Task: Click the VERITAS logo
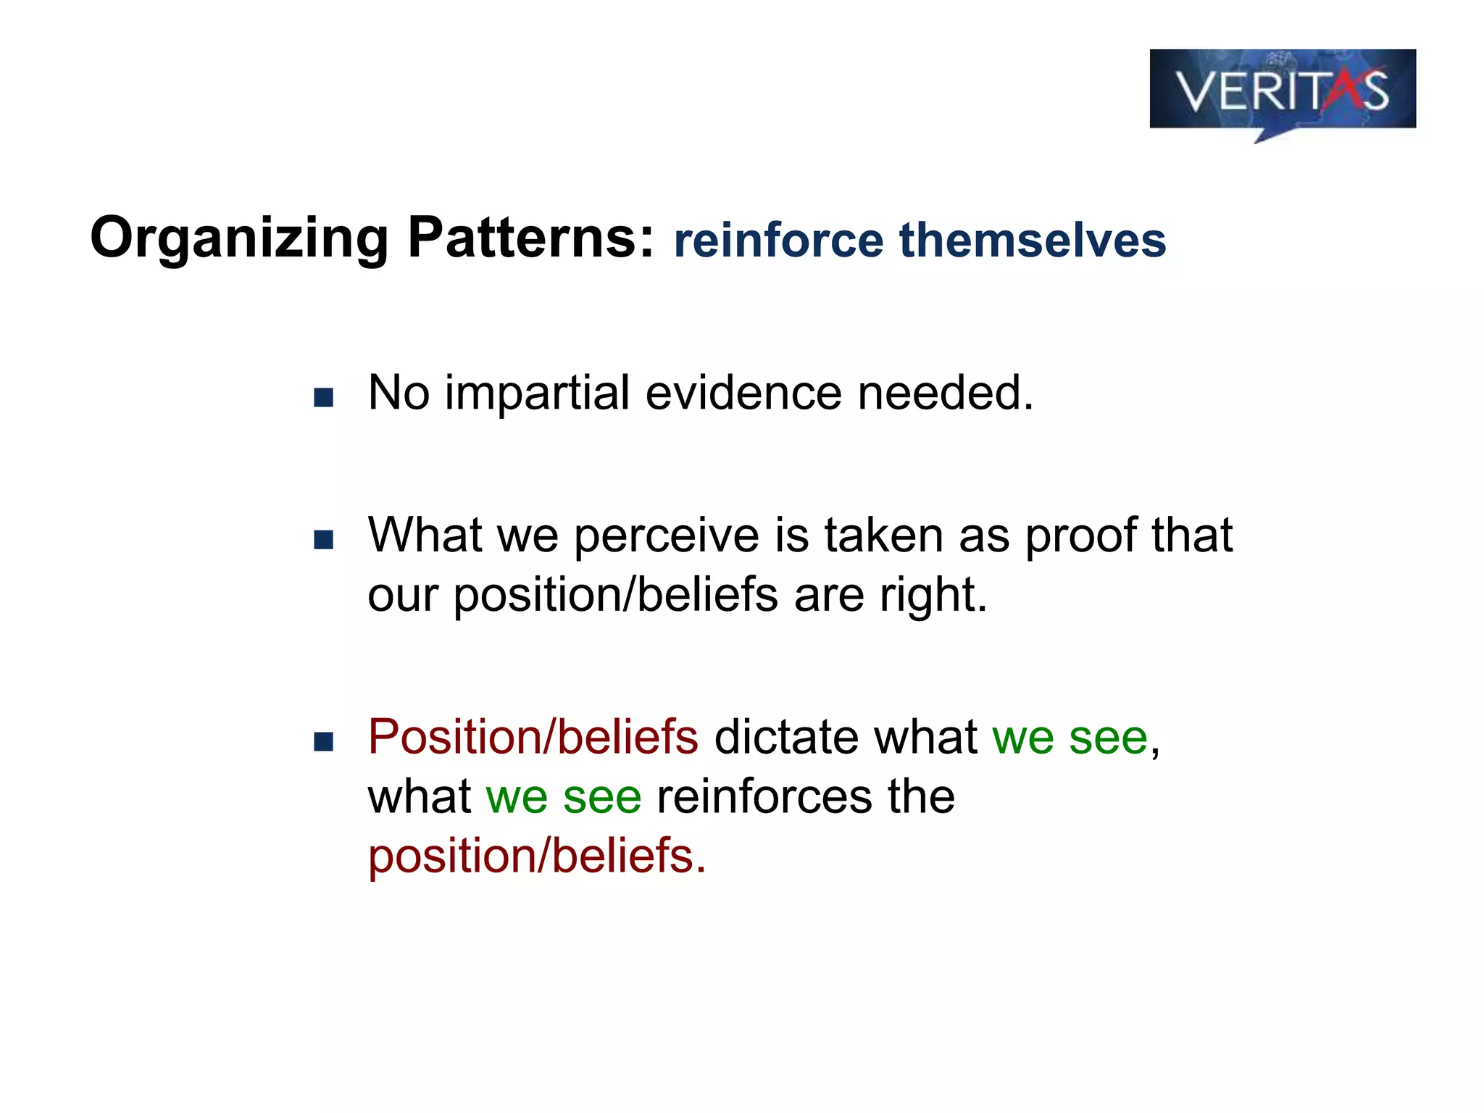(x=1282, y=91)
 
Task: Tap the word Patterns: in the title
(x=531, y=238)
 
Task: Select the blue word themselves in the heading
(x=1032, y=241)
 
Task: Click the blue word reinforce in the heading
(x=778, y=241)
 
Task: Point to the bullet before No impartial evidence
(x=323, y=397)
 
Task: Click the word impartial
(x=537, y=393)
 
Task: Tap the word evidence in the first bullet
(x=743, y=393)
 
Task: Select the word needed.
(x=945, y=393)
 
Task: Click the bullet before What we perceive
(x=323, y=539)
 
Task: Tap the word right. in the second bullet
(x=933, y=596)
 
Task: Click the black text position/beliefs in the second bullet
(x=616, y=596)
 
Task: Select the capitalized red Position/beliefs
(x=533, y=737)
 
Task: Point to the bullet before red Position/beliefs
(x=323, y=741)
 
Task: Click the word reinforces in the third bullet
(x=764, y=796)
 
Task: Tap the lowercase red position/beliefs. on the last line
(x=536, y=856)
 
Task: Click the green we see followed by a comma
(x=1070, y=738)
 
